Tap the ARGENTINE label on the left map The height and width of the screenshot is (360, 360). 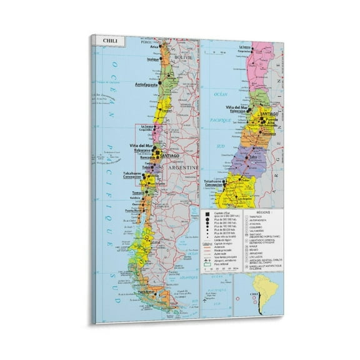pos(185,168)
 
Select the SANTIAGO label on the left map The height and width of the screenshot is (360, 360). pos(169,155)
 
